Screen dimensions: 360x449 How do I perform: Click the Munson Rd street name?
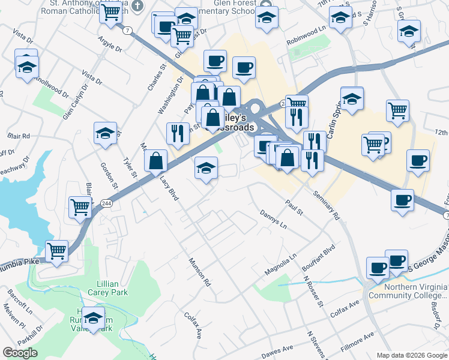pos(200,271)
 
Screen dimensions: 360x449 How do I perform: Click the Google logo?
pos(20,353)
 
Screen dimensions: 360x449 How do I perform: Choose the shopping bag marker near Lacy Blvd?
pos(156,160)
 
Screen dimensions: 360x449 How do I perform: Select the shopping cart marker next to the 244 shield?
pos(80,207)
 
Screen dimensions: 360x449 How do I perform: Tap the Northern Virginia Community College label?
pos(408,291)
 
